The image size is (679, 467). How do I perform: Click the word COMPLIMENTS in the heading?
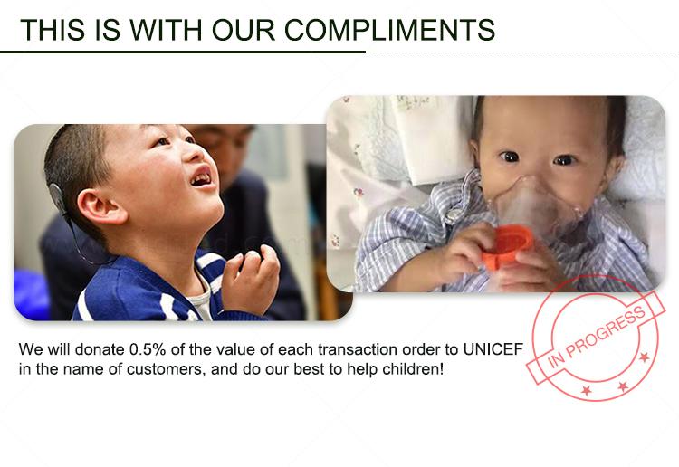389,30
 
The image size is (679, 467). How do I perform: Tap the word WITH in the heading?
166,30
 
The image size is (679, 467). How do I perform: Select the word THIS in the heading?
53,30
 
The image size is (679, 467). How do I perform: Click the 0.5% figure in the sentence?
148,349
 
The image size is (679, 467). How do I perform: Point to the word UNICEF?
493,349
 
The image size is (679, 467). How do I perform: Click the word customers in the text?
166,369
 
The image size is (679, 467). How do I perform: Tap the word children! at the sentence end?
413,369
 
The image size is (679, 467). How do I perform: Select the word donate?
100,349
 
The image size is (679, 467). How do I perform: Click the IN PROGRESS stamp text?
597,338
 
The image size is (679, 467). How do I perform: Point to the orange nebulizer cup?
508,247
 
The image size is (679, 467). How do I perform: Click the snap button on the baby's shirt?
454,214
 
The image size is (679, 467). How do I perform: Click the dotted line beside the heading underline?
521,52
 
